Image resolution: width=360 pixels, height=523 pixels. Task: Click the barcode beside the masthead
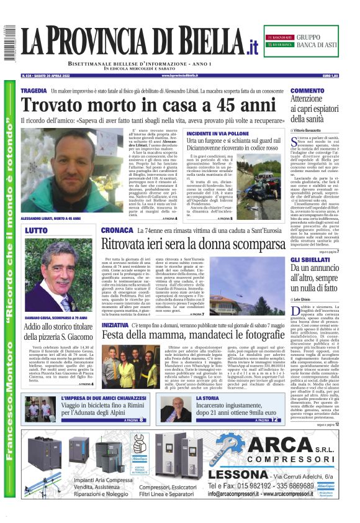coord(9,43)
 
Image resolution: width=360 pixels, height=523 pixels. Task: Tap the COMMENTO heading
coord(307,91)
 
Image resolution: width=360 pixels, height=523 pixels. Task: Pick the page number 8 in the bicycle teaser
coord(142,420)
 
